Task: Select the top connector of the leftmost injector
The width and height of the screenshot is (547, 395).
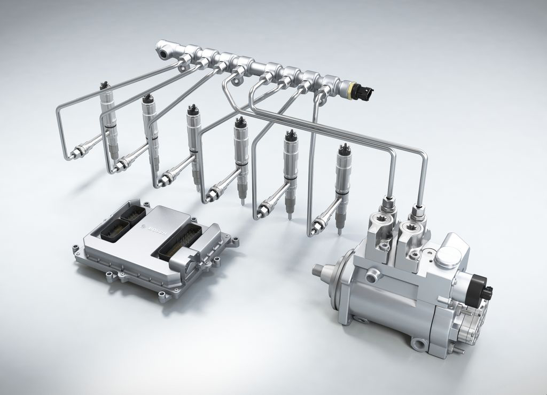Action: tap(104, 86)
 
